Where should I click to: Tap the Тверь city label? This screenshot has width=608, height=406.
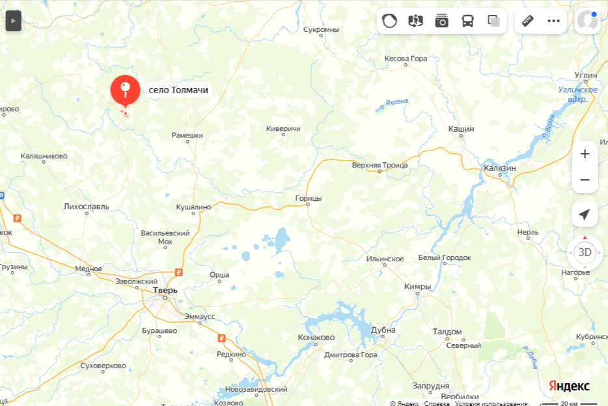(165, 290)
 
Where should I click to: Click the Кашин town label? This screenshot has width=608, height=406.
(461, 129)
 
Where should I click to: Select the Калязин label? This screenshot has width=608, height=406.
(500, 167)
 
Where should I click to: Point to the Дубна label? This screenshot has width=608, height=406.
(383, 330)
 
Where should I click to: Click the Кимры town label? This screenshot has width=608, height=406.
(417, 286)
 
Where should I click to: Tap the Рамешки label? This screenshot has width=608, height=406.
(187, 136)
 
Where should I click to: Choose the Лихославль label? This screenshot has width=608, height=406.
(86, 207)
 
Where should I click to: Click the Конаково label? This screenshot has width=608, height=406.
(316, 338)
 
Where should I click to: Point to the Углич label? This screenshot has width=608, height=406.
(586, 76)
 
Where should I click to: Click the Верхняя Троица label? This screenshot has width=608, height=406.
(380, 165)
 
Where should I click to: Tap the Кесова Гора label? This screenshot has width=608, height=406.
(406, 59)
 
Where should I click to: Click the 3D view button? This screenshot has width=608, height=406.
(585, 252)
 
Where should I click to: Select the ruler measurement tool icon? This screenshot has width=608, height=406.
(527, 21)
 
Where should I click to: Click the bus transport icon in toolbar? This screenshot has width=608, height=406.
(468, 21)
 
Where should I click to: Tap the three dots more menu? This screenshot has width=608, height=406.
(553, 21)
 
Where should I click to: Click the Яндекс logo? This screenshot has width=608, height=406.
(569, 386)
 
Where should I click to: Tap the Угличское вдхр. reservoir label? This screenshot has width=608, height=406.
(577, 94)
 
